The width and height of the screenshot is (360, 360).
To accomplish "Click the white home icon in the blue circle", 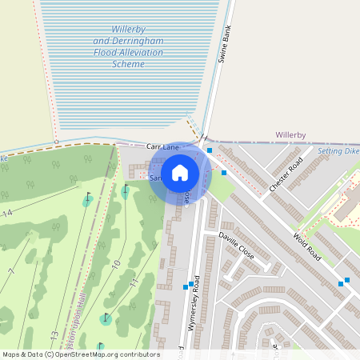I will (180, 172).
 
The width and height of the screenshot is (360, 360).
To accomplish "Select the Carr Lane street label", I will (163, 147).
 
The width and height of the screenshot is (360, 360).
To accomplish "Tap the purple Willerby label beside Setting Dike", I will (290, 135).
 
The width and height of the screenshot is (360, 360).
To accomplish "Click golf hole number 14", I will (8, 214).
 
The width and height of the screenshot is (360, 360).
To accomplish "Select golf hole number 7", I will (12, 272).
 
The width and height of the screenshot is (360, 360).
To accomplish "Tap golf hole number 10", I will (116, 263).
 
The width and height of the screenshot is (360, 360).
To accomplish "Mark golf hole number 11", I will (134, 282).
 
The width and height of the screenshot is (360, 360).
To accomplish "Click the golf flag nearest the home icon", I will (126, 190).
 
